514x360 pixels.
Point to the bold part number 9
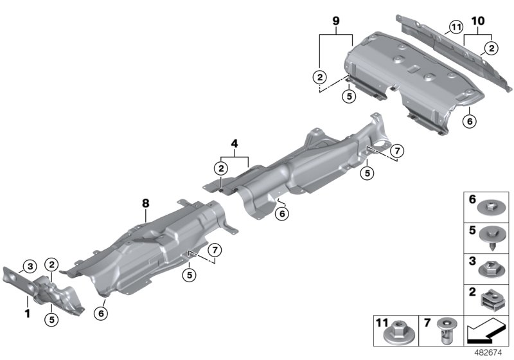(x=335, y=21)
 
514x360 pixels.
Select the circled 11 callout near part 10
(x=456, y=27)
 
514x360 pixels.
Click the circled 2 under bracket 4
(x=221, y=168)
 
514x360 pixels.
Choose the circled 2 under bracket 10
(x=491, y=46)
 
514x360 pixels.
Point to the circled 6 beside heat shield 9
(x=469, y=120)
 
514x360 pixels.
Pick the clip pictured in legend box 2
(x=493, y=298)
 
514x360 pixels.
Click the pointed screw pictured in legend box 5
(x=492, y=237)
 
